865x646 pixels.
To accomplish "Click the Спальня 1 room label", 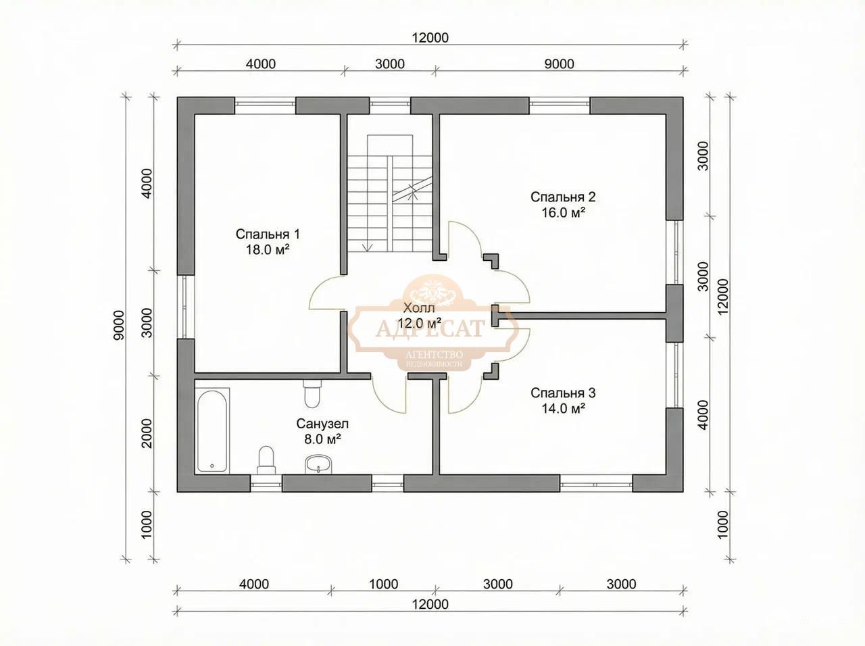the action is [268, 234].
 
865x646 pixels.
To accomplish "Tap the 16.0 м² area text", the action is [563, 213].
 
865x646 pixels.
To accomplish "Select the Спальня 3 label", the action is [563, 393].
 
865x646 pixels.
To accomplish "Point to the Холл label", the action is [419, 307].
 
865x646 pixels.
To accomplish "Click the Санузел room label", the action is [322, 424].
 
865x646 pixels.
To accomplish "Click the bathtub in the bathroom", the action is [212, 430].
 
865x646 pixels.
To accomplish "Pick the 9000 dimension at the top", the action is [559, 64].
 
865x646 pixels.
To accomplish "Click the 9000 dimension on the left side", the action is [119, 325].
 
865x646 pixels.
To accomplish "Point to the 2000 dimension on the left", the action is [146, 433].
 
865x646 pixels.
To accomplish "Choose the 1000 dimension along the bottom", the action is [383, 584].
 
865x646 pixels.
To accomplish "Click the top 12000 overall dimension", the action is [430, 38].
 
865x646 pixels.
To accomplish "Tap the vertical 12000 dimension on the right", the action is [723, 297].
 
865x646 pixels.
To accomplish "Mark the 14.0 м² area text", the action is [563, 408].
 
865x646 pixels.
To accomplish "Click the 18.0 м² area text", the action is [268, 249].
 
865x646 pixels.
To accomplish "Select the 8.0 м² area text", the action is [322, 439].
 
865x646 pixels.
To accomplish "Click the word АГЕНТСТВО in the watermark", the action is [435, 355].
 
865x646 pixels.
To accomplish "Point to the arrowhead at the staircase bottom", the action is [367, 248].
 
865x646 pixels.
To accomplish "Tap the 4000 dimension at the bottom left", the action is [254, 584].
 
